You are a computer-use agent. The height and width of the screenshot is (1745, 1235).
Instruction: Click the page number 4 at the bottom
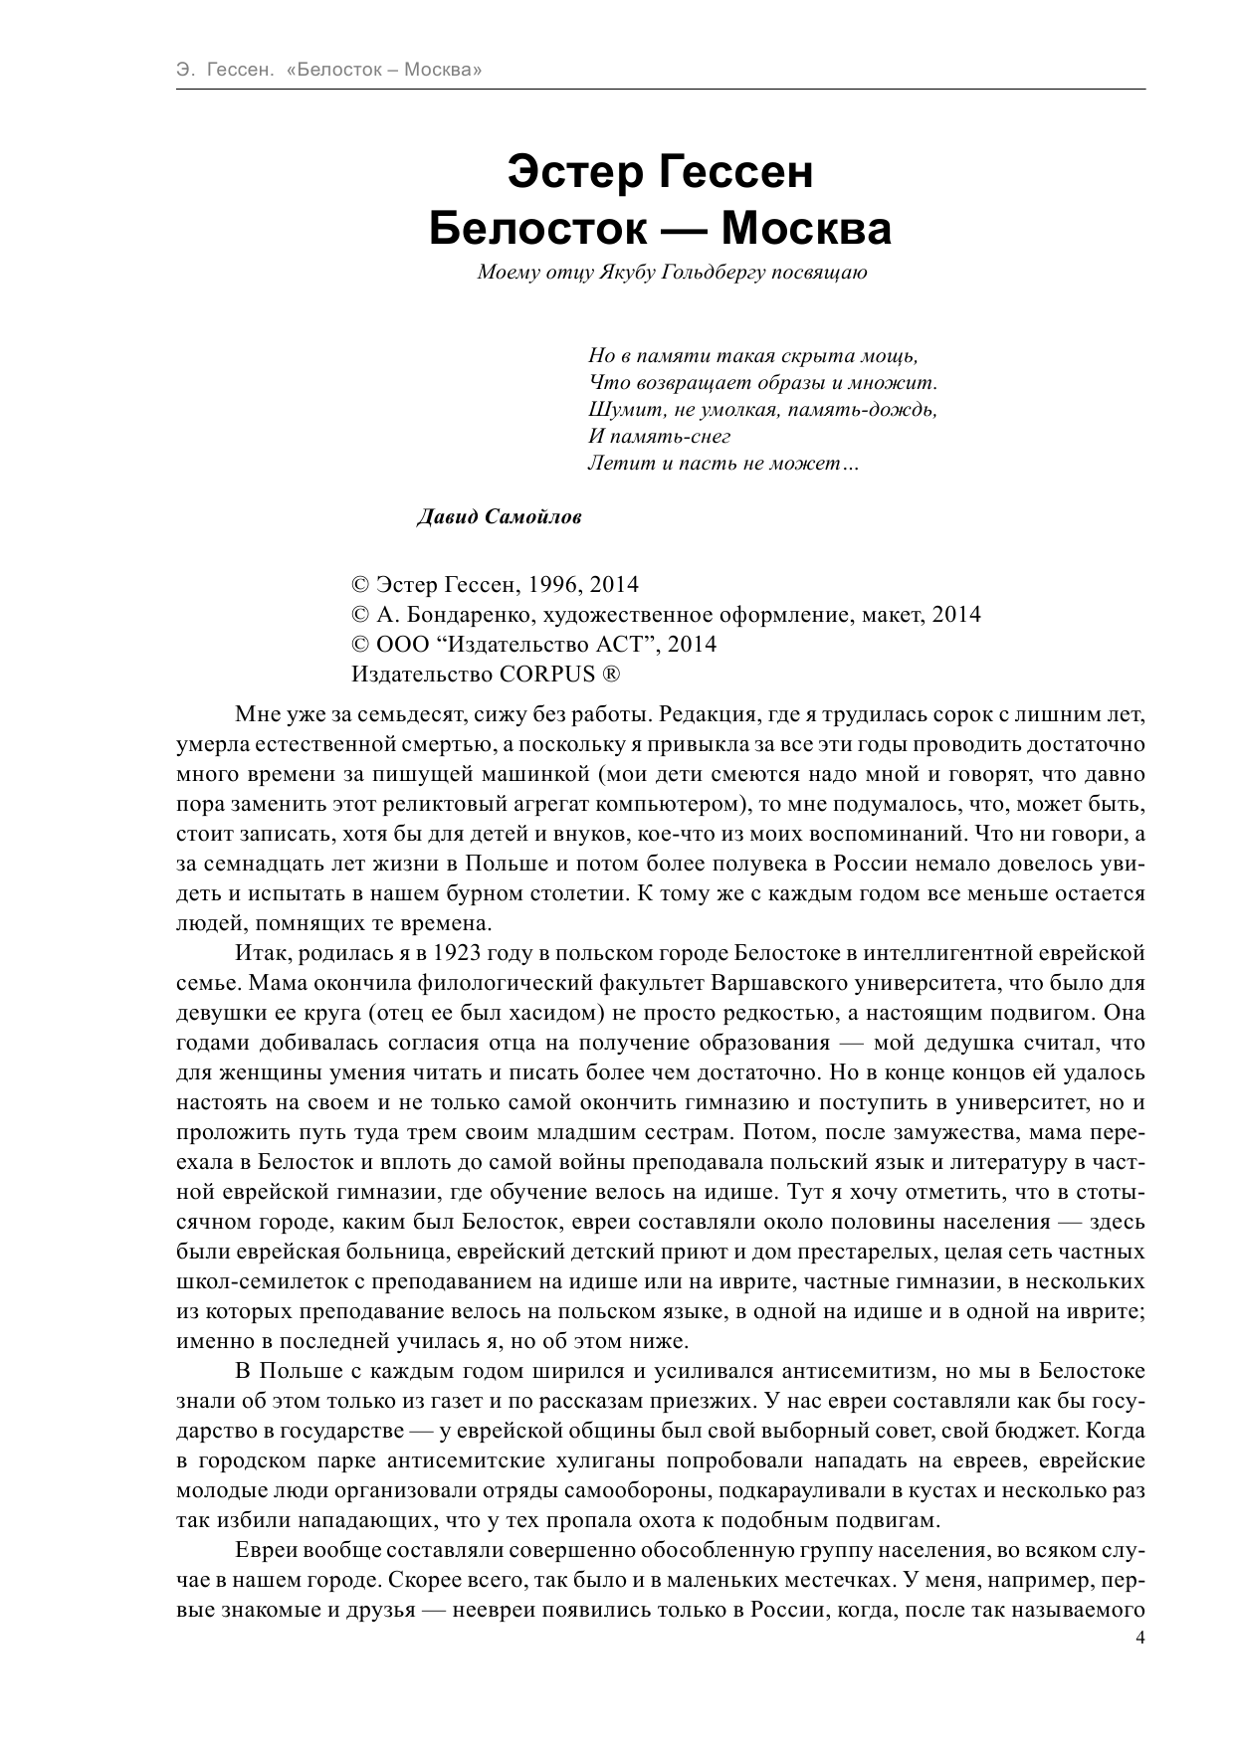click(x=1140, y=1667)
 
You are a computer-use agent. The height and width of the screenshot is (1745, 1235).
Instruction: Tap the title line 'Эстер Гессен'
click(x=660, y=172)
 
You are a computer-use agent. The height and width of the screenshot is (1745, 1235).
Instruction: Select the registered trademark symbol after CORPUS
click(x=609, y=674)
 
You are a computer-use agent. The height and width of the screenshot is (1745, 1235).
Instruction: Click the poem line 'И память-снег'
click(x=659, y=436)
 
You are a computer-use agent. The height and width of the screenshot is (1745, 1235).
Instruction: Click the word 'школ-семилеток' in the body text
click(x=256, y=1281)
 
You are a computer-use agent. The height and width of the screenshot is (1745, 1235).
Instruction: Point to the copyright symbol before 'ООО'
click(x=360, y=644)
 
